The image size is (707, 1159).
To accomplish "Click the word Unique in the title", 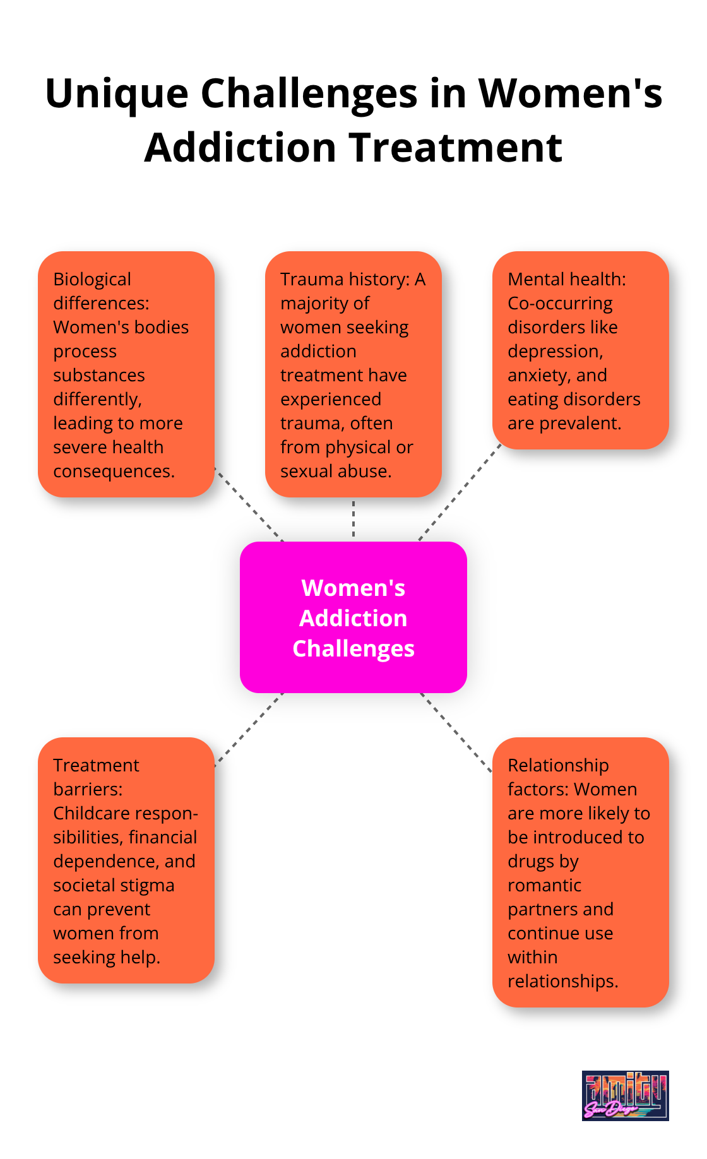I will (x=117, y=93).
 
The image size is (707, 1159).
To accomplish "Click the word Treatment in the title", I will (x=456, y=148).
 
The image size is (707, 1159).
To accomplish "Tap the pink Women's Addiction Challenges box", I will (x=353, y=617).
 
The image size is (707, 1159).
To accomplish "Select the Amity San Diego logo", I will (x=625, y=1095).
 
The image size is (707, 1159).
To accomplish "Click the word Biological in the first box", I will (x=92, y=279).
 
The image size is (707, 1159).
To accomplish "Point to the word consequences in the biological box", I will (x=114, y=471).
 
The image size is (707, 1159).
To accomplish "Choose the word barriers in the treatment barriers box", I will (x=88, y=789).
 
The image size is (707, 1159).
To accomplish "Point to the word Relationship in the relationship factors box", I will (x=558, y=765).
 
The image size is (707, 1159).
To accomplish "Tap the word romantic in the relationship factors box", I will (x=544, y=885).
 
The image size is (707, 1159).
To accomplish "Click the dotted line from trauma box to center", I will (x=353, y=519).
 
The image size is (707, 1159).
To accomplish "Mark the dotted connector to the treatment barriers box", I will (x=249, y=729).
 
